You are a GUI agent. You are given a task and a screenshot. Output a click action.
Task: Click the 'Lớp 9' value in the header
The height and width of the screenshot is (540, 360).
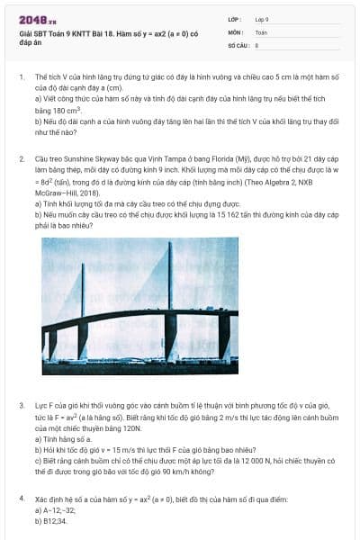click(262, 19)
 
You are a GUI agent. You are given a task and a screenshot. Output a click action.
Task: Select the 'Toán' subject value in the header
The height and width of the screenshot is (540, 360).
click(261, 31)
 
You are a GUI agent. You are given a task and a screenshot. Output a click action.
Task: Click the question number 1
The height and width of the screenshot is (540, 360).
click(22, 78)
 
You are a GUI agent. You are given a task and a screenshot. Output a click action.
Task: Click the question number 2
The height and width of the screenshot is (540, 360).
click(22, 159)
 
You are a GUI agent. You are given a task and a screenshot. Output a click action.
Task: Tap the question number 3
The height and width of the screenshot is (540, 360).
click(22, 406)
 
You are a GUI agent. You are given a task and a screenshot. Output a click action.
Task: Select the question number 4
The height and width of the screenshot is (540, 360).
click(22, 498)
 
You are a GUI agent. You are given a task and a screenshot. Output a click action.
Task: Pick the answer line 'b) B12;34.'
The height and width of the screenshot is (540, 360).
click(51, 520)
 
